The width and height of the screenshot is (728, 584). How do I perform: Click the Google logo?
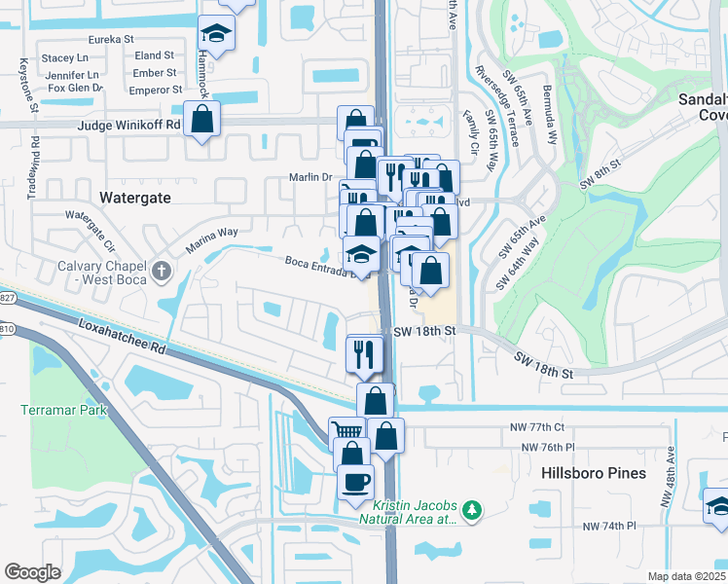click(32, 572)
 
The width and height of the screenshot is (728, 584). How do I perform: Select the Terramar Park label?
click(63, 410)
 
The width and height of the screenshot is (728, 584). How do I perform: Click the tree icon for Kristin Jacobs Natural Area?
click(472, 509)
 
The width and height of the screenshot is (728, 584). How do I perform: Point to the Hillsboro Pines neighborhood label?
click(594, 473)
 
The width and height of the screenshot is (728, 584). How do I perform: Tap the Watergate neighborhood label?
click(135, 197)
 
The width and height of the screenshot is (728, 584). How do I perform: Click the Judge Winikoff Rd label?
click(132, 125)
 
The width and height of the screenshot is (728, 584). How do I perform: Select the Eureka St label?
click(110, 39)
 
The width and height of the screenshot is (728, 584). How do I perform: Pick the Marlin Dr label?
click(310, 176)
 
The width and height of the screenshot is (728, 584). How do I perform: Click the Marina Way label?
click(212, 239)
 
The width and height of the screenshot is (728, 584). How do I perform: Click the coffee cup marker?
click(355, 481)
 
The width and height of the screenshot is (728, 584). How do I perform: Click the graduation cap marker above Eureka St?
click(216, 33)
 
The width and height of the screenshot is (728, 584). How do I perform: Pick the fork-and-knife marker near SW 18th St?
click(366, 352)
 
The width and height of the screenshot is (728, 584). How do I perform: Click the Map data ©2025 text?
click(687, 576)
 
